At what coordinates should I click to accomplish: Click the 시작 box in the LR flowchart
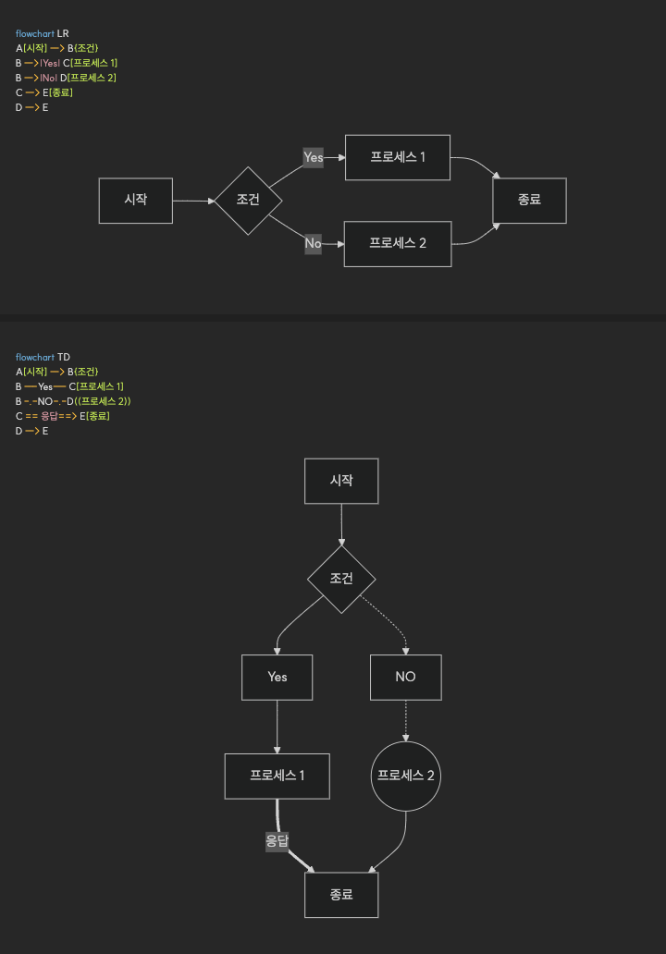(136, 201)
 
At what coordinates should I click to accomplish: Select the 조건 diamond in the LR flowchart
(248, 201)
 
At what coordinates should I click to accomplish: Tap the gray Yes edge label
(314, 157)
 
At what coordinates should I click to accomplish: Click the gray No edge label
(314, 243)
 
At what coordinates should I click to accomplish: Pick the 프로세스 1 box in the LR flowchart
(398, 157)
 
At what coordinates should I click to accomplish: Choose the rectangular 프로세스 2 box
(398, 243)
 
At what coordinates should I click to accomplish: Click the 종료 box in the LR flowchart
(529, 201)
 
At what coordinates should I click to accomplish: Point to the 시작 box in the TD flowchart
(341, 481)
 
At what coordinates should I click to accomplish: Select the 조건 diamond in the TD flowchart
(341, 579)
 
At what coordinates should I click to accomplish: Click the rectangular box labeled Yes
(277, 677)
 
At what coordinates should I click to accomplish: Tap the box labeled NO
(405, 677)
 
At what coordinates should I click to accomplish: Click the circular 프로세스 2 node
(405, 776)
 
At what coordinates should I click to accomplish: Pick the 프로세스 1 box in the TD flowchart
(277, 776)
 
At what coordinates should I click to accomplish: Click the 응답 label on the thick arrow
(277, 841)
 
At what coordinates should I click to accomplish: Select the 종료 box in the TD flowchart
(341, 895)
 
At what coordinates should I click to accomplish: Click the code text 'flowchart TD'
(43, 357)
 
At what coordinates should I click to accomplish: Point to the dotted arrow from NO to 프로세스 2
(405, 720)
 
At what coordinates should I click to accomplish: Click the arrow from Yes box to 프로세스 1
(277, 726)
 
